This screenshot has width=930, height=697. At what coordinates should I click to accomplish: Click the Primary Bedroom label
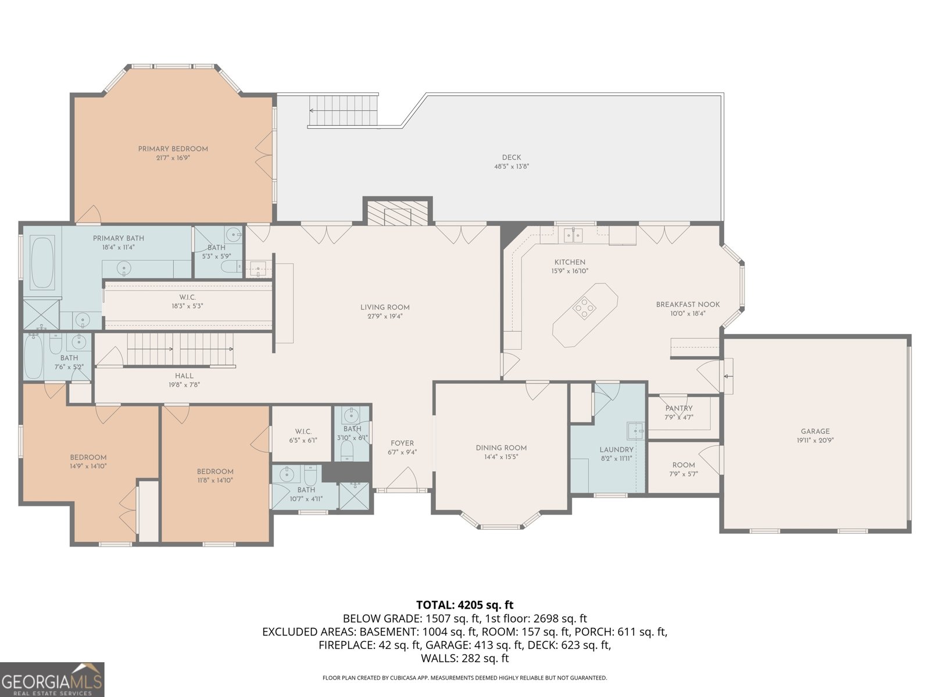pos(173,149)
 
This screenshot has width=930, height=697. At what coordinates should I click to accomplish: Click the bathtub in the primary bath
pos(42,263)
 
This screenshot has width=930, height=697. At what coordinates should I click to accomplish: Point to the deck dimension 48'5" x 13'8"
pos(511,166)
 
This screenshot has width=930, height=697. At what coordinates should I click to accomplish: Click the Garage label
pos(815,432)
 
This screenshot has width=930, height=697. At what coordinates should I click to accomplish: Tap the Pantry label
pos(678,408)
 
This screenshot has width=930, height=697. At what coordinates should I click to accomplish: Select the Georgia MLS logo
pos(52,680)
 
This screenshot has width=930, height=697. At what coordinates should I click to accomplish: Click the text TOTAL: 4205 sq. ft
pos(464,605)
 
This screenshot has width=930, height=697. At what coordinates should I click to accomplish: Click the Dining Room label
pos(501,448)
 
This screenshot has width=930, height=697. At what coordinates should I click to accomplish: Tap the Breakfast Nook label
pos(688,304)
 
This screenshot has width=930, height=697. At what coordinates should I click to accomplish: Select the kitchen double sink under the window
pos(573,235)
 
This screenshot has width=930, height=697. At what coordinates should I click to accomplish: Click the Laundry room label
pos(616,450)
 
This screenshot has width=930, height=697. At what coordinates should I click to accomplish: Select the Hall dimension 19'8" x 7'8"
pos(184,385)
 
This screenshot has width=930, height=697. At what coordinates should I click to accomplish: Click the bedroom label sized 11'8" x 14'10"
pos(214,472)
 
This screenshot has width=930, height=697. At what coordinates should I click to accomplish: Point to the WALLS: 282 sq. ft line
pos(464,658)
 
